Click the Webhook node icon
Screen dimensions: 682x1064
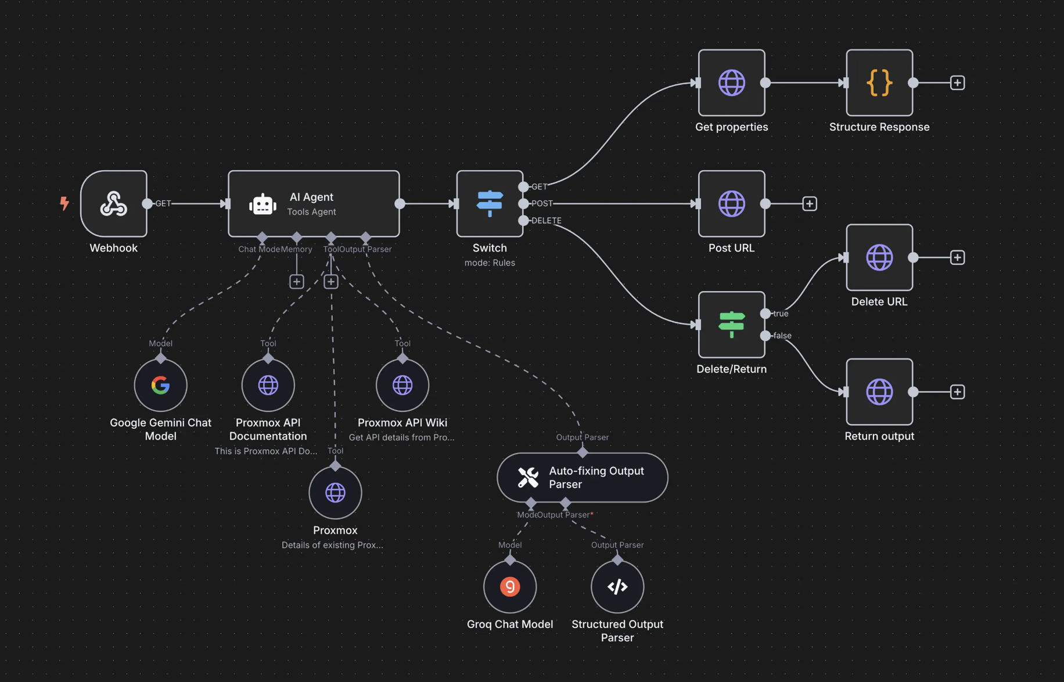pyautogui.click(x=114, y=203)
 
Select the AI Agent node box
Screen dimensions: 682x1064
pyautogui.click(x=314, y=203)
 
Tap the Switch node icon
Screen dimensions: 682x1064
pyautogui.click(x=490, y=203)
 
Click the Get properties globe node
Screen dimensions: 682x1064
pyautogui.click(x=731, y=82)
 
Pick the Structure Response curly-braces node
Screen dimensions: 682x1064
pyautogui.click(x=879, y=82)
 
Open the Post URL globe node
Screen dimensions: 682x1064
pyautogui.click(x=731, y=203)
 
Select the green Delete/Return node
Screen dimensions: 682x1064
pyautogui.click(x=731, y=324)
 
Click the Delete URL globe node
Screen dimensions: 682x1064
pyautogui.click(x=879, y=257)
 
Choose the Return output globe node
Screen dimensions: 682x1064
pyautogui.click(x=879, y=392)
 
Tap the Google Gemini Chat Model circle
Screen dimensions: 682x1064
pyautogui.click(x=160, y=385)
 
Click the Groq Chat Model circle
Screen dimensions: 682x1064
pyautogui.click(x=510, y=586)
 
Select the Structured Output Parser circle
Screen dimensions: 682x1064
pyautogui.click(x=617, y=586)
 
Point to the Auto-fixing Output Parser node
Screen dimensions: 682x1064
pyautogui.click(x=583, y=478)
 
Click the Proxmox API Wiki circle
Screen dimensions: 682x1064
pyautogui.click(x=402, y=385)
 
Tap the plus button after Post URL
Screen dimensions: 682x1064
pyautogui.click(x=810, y=203)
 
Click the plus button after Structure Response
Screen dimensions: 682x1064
pyautogui.click(x=958, y=82)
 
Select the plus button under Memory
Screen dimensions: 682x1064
pyautogui.click(x=297, y=282)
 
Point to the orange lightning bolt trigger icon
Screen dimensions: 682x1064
pyautogui.click(x=64, y=203)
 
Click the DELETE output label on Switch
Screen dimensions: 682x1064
pyautogui.click(x=547, y=221)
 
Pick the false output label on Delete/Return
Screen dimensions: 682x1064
pyautogui.click(x=782, y=336)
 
